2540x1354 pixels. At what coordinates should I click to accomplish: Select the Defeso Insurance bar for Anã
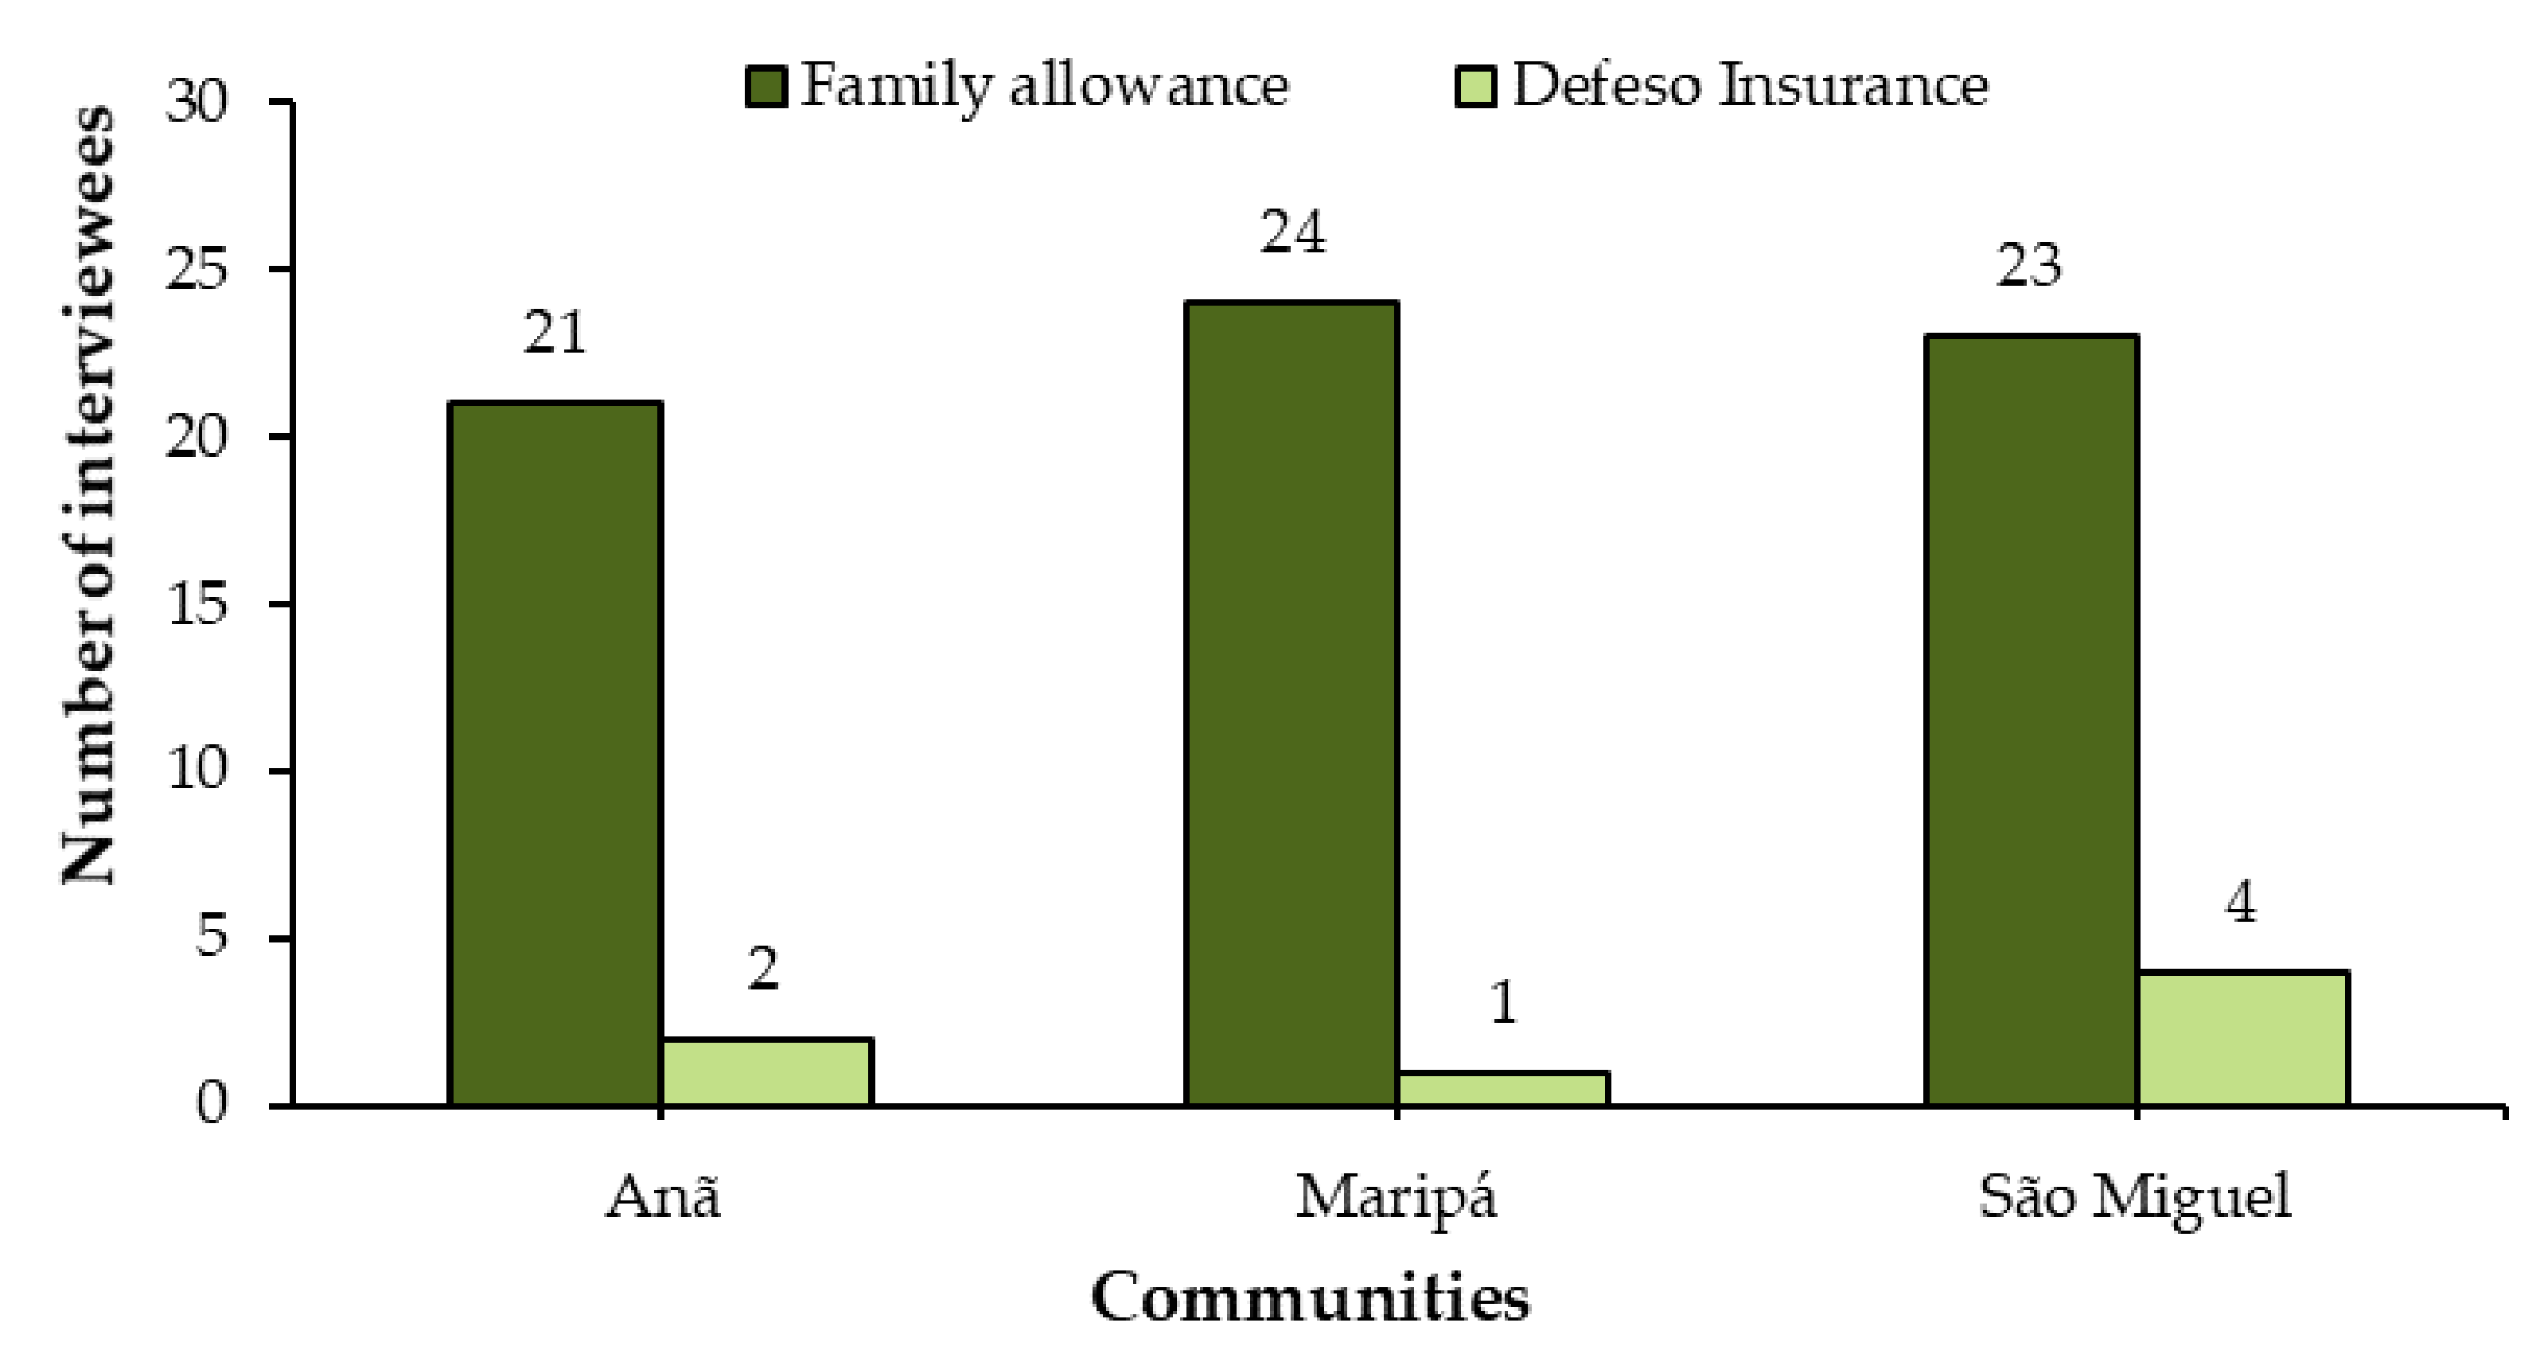(x=766, y=1072)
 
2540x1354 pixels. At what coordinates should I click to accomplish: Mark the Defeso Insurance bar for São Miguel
(x=2242, y=1039)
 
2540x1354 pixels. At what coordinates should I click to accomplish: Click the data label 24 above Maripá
(x=1292, y=234)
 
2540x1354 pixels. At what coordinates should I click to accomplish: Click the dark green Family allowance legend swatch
(x=766, y=87)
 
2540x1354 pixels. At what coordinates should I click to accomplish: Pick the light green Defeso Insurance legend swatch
(x=1476, y=87)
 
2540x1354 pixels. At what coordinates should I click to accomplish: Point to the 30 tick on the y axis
(x=197, y=102)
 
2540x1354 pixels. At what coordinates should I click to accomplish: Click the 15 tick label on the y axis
(x=197, y=603)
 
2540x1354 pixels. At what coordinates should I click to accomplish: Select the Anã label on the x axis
(x=663, y=1198)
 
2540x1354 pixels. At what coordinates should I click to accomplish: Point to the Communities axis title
(x=1311, y=1297)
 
